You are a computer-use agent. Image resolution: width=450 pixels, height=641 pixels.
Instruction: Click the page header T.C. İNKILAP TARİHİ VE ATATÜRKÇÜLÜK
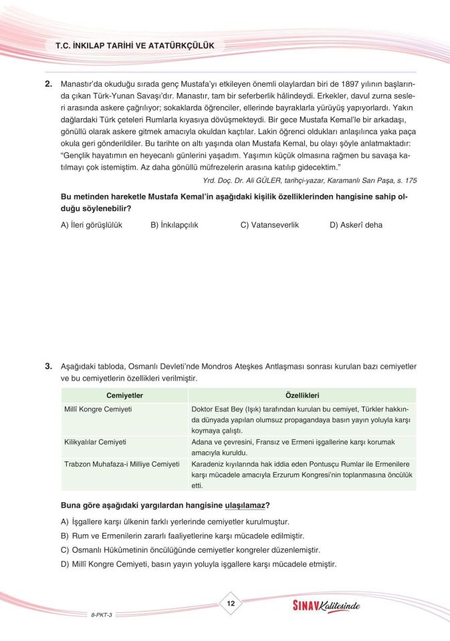click(134, 45)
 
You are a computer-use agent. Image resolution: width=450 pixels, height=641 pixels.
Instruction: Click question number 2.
click(48, 85)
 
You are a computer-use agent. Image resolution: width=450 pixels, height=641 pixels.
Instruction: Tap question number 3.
click(48, 367)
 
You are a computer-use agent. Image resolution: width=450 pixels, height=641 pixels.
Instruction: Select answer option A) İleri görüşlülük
click(92, 225)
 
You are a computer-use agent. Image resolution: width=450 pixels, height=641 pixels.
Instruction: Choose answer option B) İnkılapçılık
click(174, 225)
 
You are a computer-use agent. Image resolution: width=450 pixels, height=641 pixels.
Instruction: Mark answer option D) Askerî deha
click(356, 225)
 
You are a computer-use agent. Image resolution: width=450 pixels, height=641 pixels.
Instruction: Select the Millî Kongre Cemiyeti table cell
click(98, 409)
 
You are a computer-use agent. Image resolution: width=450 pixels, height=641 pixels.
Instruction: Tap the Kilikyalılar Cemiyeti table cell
click(96, 442)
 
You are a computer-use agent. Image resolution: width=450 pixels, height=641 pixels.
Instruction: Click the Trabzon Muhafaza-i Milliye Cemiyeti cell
click(122, 463)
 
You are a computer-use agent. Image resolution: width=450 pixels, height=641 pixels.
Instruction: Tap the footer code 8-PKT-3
click(102, 614)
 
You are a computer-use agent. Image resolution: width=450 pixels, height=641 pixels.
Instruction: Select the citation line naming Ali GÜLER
click(309, 180)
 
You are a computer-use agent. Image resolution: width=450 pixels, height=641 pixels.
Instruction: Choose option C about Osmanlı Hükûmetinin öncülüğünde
click(191, 550)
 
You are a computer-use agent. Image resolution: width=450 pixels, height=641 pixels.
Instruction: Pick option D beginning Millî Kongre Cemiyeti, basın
click(199, 564)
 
